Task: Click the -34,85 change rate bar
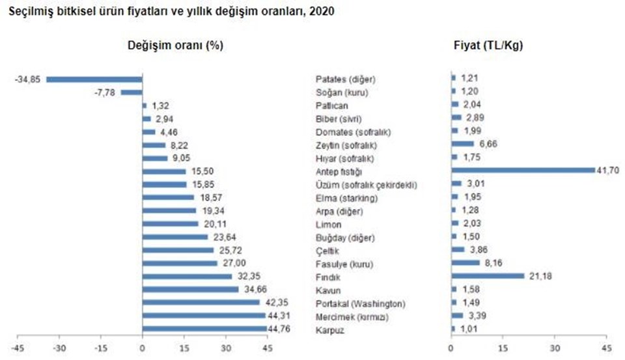[94, 79]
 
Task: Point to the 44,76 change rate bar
[204, 329]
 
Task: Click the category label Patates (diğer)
[345, 79]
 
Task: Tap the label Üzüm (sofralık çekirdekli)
[365, 184]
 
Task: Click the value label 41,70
[605, 171]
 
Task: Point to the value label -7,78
[105, 92]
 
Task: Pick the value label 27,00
[231, 263]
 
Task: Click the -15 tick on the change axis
[101, 346]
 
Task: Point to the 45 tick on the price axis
[606, 346]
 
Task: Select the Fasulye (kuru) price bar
[465, 263]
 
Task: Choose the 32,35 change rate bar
[187, 276]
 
